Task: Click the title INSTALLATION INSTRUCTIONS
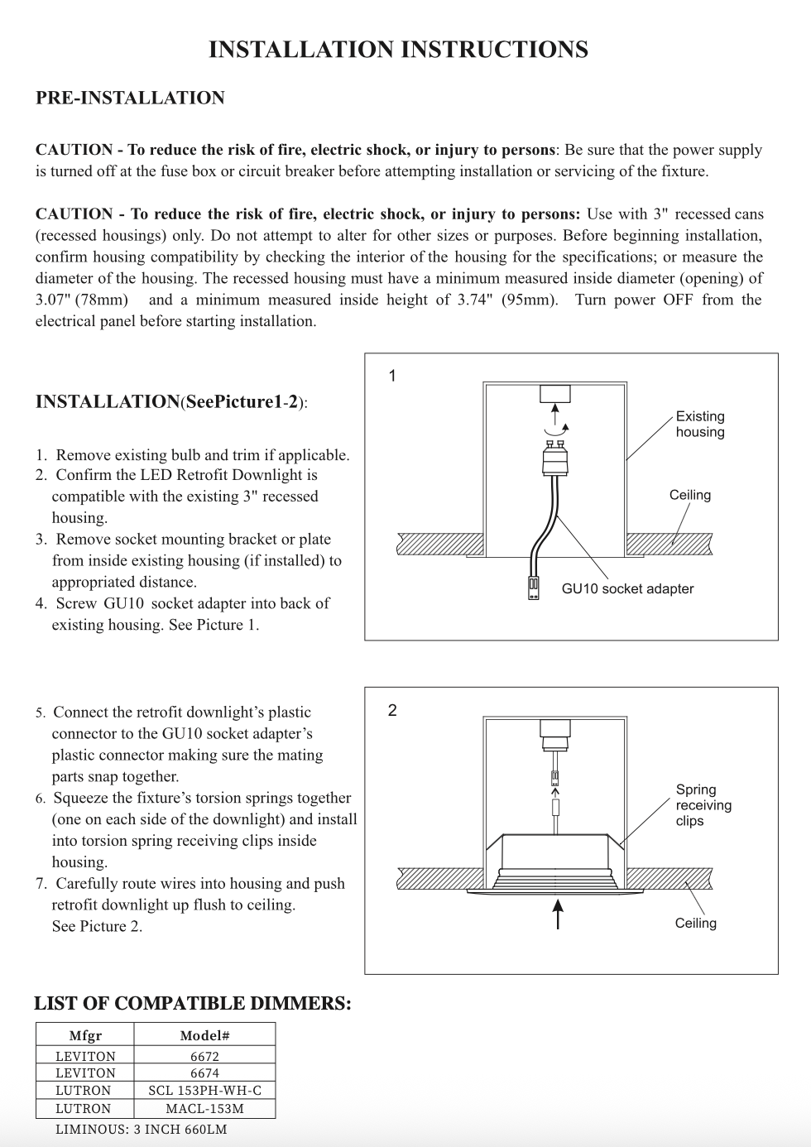point(398,50)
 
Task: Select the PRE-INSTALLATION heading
point(130,98)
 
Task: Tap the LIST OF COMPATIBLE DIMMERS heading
point(192,1003)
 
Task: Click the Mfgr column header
point(85,1035)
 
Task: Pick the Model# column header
point(204,1035)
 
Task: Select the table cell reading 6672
point(204,1056)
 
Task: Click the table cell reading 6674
point(204,1073)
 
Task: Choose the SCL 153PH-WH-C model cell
point(204,1091)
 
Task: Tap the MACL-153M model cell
point(204,1109)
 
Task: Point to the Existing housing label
point(700,424)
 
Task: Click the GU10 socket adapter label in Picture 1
point(627,588)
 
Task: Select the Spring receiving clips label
point(703,805)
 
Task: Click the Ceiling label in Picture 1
point(690,495)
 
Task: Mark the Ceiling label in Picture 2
point(696,923)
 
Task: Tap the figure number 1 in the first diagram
point(392,376)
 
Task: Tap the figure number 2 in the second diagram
point(392,710)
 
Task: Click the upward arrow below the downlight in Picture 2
point(559,915)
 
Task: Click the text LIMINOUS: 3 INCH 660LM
point(141,1129)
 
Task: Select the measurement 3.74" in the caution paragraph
point(477,300)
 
